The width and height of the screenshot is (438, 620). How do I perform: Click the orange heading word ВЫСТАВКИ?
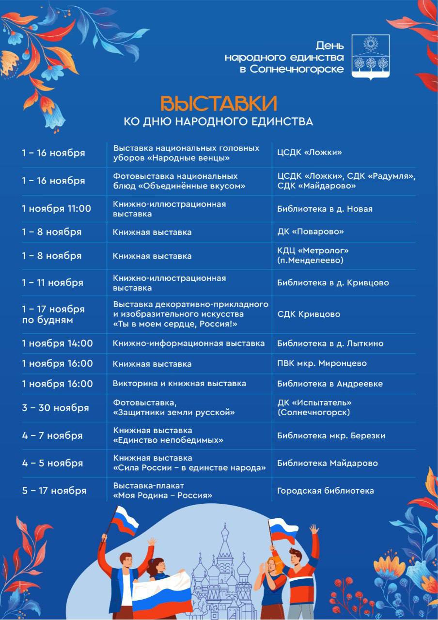click(219, 103)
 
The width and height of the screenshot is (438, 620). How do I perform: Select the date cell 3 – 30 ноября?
click(55, 408)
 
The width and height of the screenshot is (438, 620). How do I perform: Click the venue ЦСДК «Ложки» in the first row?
click(310, 153)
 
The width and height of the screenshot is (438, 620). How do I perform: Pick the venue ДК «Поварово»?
click(311, 232)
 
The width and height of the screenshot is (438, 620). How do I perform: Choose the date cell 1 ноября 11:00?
click(56, 209)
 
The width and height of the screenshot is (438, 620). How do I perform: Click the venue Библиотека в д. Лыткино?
click(330, 343)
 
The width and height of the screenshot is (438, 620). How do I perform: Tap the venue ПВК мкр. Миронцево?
click(322, 363)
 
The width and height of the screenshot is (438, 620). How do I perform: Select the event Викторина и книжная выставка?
click(179, 383)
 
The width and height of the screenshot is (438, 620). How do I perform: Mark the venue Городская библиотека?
click(326, 491)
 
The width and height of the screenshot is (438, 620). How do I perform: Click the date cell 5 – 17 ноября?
click(54, 491)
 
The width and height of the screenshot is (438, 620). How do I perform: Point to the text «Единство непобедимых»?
click(168, 440)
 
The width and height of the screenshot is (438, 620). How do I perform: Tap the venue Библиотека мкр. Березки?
click(331, 435)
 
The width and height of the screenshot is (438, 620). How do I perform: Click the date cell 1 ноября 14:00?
click(57, 343)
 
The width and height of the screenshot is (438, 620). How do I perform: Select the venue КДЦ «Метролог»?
click(313, 250)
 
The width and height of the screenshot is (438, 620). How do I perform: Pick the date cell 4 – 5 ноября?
click(52, 463)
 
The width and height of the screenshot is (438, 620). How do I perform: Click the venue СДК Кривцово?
click(309, 314)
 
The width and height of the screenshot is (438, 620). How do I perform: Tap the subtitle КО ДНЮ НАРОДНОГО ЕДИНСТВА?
click(219, 121)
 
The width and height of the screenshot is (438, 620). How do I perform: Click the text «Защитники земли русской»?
click(174, 413)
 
